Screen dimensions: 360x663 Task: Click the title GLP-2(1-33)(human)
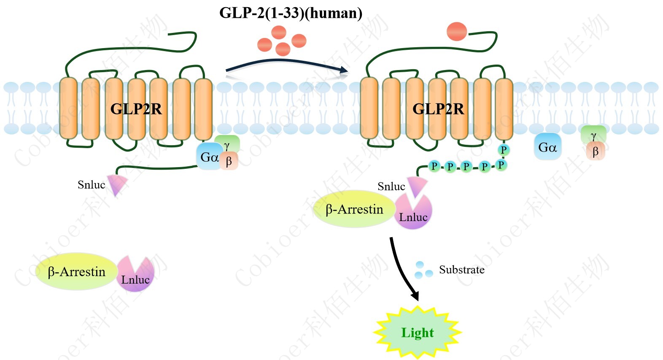(291, 13)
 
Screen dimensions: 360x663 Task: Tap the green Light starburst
(417, 333)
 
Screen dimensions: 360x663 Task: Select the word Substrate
(461, 270)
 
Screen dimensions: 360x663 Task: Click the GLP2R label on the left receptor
(136, 109)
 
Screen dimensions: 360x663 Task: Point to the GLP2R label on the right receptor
(438, 109)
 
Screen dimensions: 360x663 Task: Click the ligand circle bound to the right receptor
(456, 32)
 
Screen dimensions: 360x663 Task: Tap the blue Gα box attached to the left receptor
(208, 157)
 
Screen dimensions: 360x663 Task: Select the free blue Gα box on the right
(547, 147)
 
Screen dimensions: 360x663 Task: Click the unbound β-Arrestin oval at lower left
(76, 272)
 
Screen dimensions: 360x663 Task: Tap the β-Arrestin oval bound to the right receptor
(354, 209)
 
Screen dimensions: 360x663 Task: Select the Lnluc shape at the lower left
(135, 276)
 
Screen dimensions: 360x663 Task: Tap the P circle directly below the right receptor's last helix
(503, 149)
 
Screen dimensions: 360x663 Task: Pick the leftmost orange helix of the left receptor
(68, 108)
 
